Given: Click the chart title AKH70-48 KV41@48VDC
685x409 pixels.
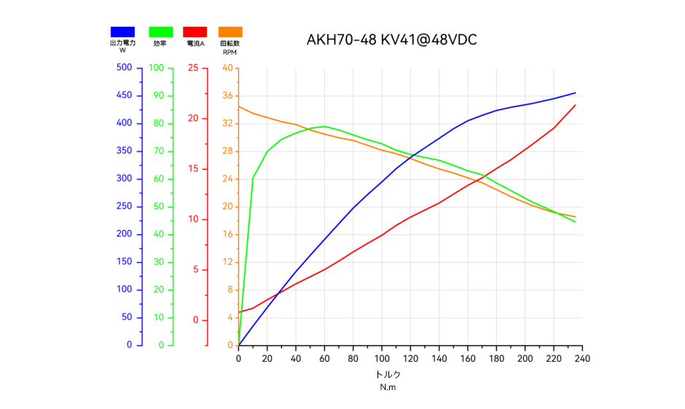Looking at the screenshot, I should tap(392, 39).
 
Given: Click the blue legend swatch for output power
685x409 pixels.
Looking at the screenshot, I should tap(122, 32).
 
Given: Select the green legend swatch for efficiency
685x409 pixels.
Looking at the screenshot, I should tap(160, 32).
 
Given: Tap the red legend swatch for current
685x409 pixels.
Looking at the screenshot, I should tap(195, 32).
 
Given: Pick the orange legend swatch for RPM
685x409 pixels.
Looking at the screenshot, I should tap(230, 32).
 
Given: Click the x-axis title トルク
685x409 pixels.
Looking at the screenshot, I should tap(388, 375).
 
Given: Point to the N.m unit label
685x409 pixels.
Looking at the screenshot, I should tap(388, 387).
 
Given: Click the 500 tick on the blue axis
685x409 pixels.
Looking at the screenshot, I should tap(124, 68).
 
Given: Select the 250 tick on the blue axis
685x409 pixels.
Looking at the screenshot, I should tap(124, 207).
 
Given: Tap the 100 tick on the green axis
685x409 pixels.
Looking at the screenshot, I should tap(157, 68).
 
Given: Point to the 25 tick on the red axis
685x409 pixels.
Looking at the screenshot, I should tap(192, 68).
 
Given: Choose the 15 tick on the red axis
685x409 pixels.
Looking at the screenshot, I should tap(192, 169).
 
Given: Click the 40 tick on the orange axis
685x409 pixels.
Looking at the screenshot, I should tap(227, 68).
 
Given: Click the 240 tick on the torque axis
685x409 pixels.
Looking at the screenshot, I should tap(582, 358).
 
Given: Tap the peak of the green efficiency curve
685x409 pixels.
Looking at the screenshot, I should tap(324, 126).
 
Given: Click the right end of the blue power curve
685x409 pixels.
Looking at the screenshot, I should tap(576, 92).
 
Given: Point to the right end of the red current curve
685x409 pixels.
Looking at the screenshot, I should tap(576, 105).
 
